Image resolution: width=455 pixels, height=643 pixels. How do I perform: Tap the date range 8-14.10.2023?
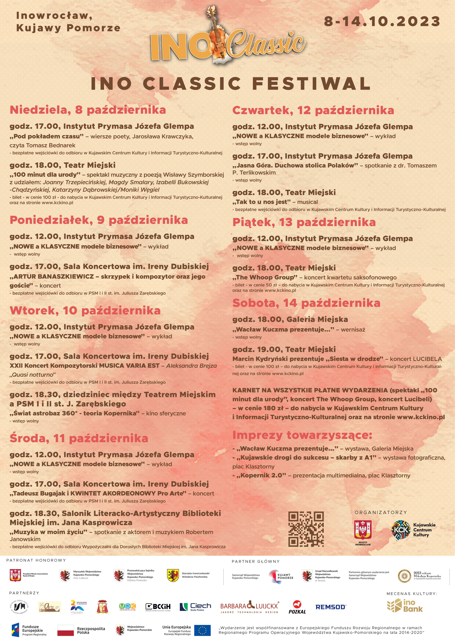[x=382, y=22]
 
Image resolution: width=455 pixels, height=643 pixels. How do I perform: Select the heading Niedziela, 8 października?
[x=88, y=110]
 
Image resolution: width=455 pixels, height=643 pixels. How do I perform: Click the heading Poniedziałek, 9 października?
[x=99, y=220]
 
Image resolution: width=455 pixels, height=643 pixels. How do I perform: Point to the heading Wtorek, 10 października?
[x=85, y=311]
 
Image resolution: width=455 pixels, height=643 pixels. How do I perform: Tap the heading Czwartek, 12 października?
[x=313, y=110]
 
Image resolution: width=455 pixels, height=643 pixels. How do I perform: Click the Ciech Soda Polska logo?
[x=195, y=607]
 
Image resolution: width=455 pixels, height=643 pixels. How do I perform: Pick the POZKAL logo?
[x=297, y=607]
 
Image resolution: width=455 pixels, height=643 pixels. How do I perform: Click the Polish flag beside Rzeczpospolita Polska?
[x=66, y=630]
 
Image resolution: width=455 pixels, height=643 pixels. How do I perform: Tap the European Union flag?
[x=202, y=630]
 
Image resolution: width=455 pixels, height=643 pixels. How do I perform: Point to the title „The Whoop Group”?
[x=265, y=277]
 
